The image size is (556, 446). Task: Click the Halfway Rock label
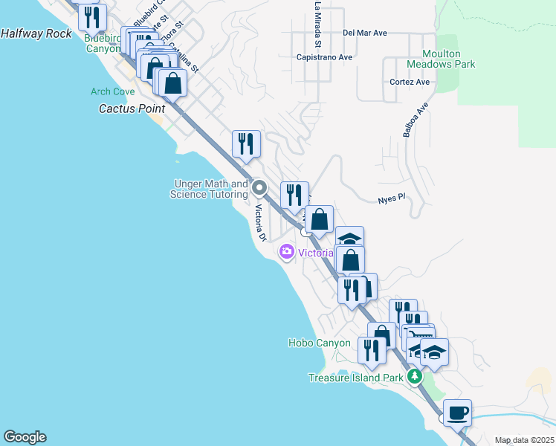pyautogui.click(x=36, y=33)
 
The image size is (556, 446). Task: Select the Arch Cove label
pyautogui.click(x=112, y=92)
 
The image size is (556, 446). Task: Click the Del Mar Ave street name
pyautogui.click(x=365, y=33)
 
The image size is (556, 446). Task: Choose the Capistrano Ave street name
pyautogui.click(x=324, y=56)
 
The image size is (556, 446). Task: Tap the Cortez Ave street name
pyautogui.click(x=410, y=82)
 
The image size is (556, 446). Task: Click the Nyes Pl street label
pyautogui.click(x=390, y=200)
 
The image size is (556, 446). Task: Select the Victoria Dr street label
pyautogui.click(x=261, y=224)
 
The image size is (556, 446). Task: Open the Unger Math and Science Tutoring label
pyautogui.click(x=209, y=190)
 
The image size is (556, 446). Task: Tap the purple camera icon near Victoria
pyautogui.click(x=286, y=253)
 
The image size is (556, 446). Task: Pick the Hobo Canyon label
pyautogui.click(x=319, y=343)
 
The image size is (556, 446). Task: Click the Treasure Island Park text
pyautogui.click(x=355, y=378)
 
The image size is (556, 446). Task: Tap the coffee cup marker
pyautogui.click(x=457, y=411)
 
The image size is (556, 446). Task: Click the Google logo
pyautogui.click(x=25, y=437)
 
